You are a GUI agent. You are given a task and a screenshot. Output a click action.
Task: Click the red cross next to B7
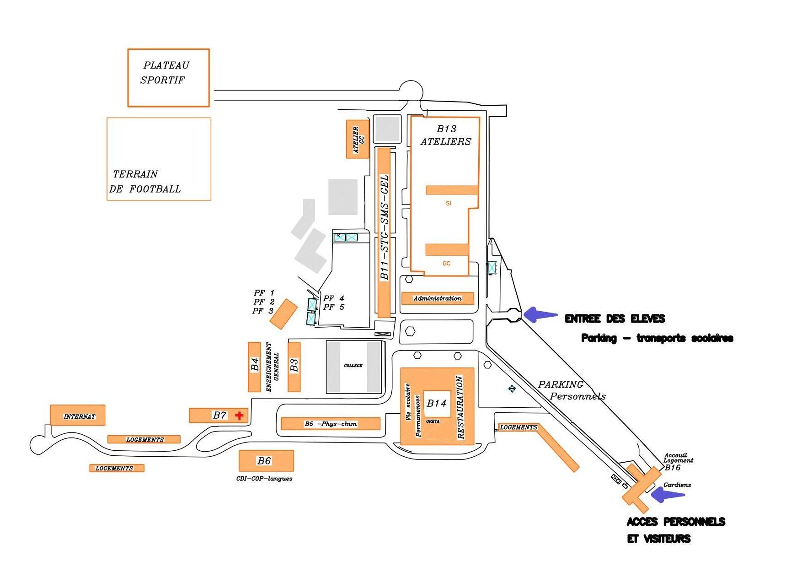(239, 416)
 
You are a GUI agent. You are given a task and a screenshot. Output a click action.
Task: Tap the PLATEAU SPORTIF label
(165, 73)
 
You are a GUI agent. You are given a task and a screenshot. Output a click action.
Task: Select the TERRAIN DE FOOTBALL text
(145, 182)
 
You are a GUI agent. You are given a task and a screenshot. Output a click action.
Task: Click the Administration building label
(437, 298)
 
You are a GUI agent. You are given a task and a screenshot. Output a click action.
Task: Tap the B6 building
(266, 461)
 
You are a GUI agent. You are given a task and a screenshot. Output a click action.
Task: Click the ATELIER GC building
(358, 139)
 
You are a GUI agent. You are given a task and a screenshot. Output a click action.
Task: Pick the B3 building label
(294, 365)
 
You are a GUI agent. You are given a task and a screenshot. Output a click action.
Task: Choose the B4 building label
(255, 365)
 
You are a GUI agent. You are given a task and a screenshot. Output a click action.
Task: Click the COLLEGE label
(353, 366)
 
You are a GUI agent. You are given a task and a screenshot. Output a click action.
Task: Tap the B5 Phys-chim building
(330, 424)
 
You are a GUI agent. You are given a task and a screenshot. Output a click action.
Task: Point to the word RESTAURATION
(460, 407)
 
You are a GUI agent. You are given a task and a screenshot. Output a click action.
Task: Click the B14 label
(436, 403)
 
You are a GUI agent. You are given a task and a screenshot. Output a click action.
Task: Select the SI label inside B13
(448, 203)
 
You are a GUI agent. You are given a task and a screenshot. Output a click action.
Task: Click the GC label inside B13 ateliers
(446, 263)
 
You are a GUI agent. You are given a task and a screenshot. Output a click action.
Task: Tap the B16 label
(672, 468)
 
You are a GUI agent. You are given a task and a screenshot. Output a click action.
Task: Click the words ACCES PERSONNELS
(675, 522)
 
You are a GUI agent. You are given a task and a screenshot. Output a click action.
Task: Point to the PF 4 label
(333, 298)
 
